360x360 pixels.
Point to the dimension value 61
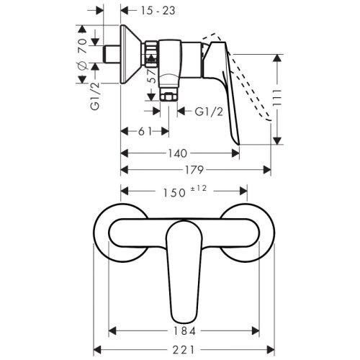pyautogui.click(x=143, y=131)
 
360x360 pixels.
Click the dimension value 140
pyautogui.click(x=180, y=153)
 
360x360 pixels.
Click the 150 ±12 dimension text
pyautogui.click(x=181, y=192)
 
